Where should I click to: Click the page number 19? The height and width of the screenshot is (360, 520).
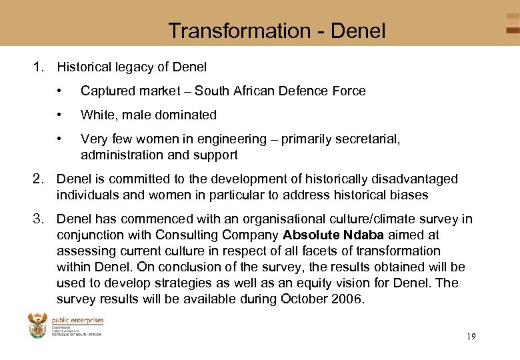coord(471,337)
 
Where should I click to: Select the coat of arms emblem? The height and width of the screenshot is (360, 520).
coord(38,325)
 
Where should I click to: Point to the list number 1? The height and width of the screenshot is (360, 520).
coord(38,67)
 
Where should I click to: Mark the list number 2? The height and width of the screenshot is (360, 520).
coord(38,179)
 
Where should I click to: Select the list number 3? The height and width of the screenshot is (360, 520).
coord(38,219)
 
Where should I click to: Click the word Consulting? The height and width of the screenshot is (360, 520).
coord(185,235)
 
